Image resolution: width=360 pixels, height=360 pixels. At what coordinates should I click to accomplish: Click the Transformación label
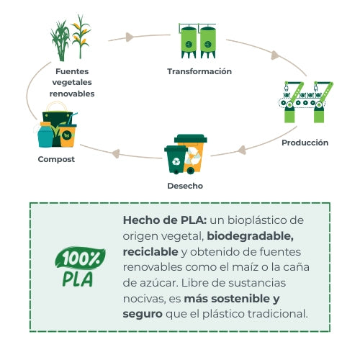199,71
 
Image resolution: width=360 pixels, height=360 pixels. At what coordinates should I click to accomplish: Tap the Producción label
305,143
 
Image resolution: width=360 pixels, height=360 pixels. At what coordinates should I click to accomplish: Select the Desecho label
185,186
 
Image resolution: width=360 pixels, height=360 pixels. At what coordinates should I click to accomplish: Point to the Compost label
56,158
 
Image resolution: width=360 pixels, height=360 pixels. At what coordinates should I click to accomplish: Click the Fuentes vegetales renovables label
72,83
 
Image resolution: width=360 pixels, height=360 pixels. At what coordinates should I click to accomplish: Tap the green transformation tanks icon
198,42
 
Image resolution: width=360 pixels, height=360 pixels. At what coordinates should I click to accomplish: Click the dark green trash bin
176,160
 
